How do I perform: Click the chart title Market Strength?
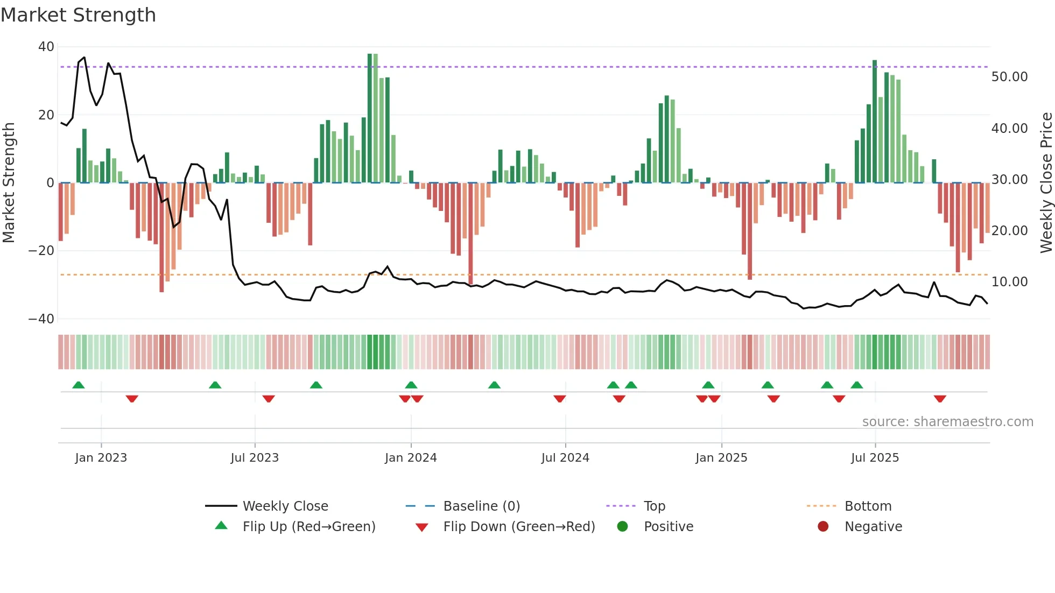point(78,15)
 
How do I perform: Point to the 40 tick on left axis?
point(46,47)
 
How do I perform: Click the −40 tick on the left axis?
point(41,319)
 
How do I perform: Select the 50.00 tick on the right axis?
point(1009,77)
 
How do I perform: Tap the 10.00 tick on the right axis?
point(1009,282)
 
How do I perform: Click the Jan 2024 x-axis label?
point(411,458)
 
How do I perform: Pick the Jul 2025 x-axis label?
point(875,458)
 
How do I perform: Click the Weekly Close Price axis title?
point(1046,183)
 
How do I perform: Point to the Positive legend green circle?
point(622,527)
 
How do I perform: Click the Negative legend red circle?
point(823,527)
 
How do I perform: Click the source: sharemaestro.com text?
point(947,422)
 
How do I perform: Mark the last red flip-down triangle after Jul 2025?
point(940,399)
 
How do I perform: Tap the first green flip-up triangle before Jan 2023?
point(79,385)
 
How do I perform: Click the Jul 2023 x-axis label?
point(255,458)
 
